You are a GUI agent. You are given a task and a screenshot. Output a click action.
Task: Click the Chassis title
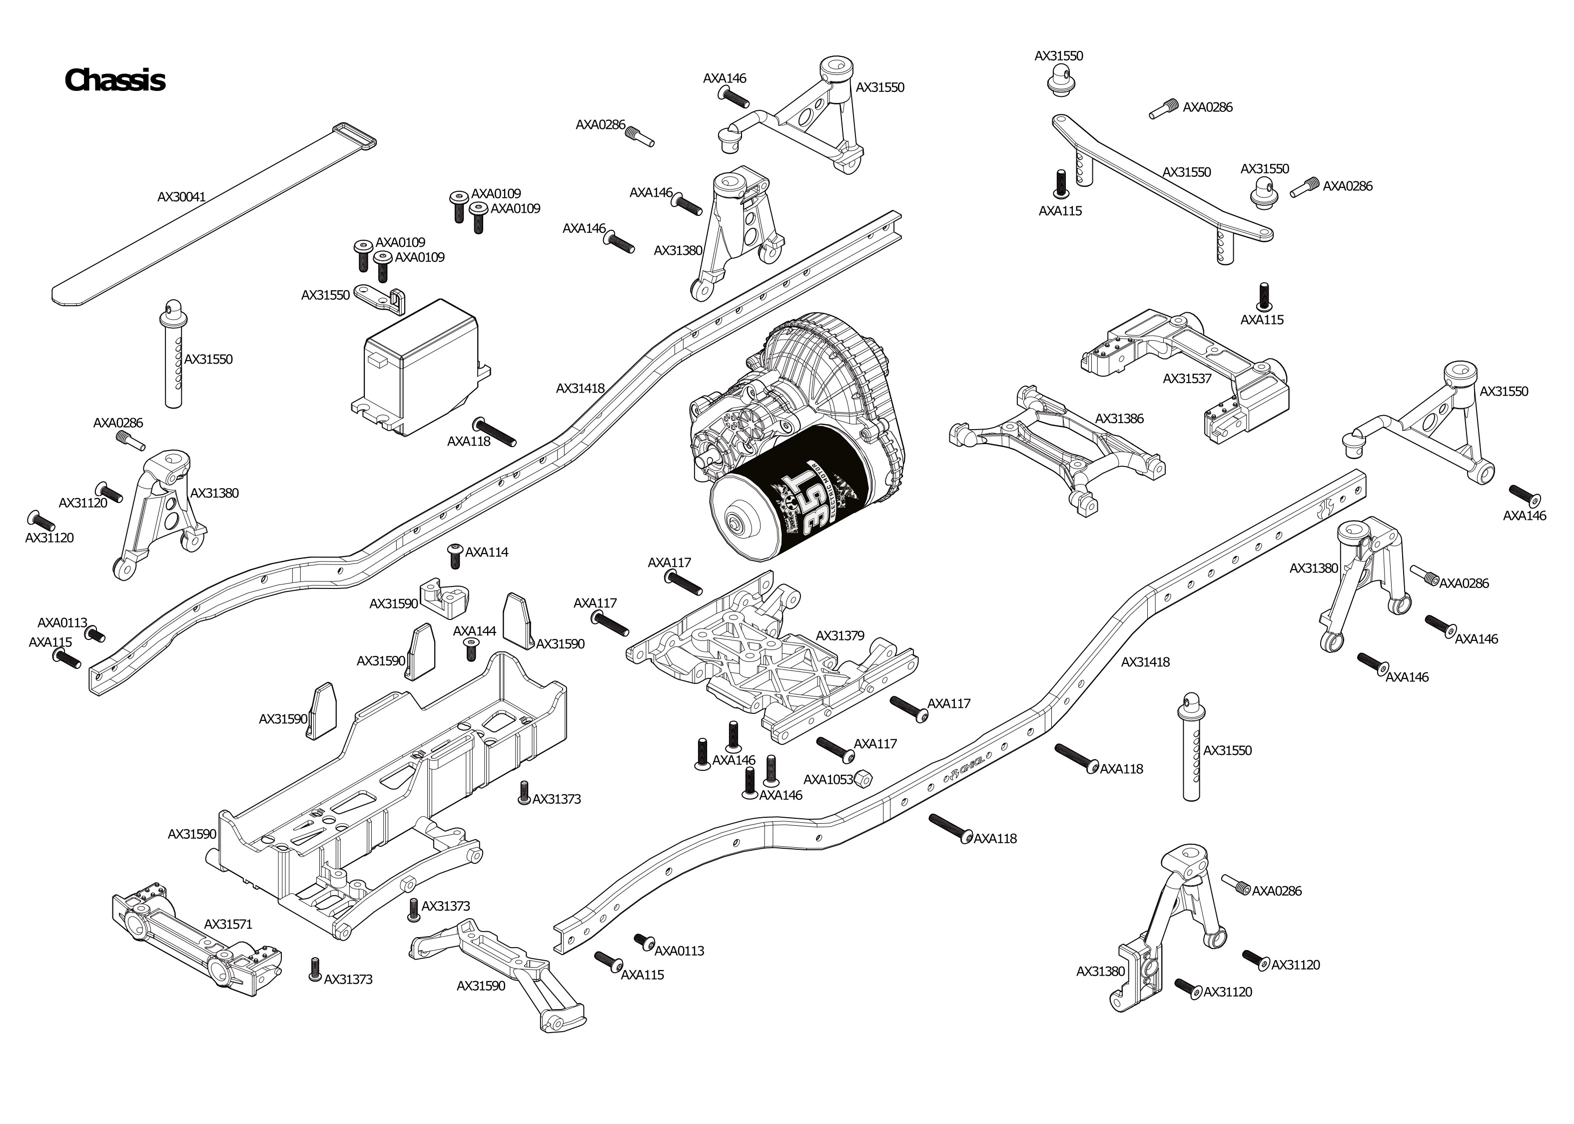pyautogui.click(x=114, y=80)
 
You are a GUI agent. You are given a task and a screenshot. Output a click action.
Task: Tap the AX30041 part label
pyautogui.click(x=181, y=196)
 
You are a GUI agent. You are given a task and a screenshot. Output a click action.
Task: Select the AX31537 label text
pyautogui.click(x=1187, y=379)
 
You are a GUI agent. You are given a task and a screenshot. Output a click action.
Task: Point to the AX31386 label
pyautogui.click(x=1119, y=418)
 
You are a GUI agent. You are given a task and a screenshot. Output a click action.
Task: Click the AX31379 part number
pyautogui.click(x=839, y=635)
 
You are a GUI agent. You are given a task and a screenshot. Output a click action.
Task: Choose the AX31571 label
pyautogui.click(x=228, y=924)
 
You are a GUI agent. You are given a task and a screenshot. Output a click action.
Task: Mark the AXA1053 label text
pyautogui.click(x=828, y=779)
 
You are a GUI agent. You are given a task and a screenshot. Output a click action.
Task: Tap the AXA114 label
pyautogui.click(x=487, y=553)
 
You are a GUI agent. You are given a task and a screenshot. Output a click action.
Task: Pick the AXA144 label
pyautogui.click(x=474, y=631)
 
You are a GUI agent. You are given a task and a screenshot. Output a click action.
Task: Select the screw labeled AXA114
pyautogui.click(x=455, y=555)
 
